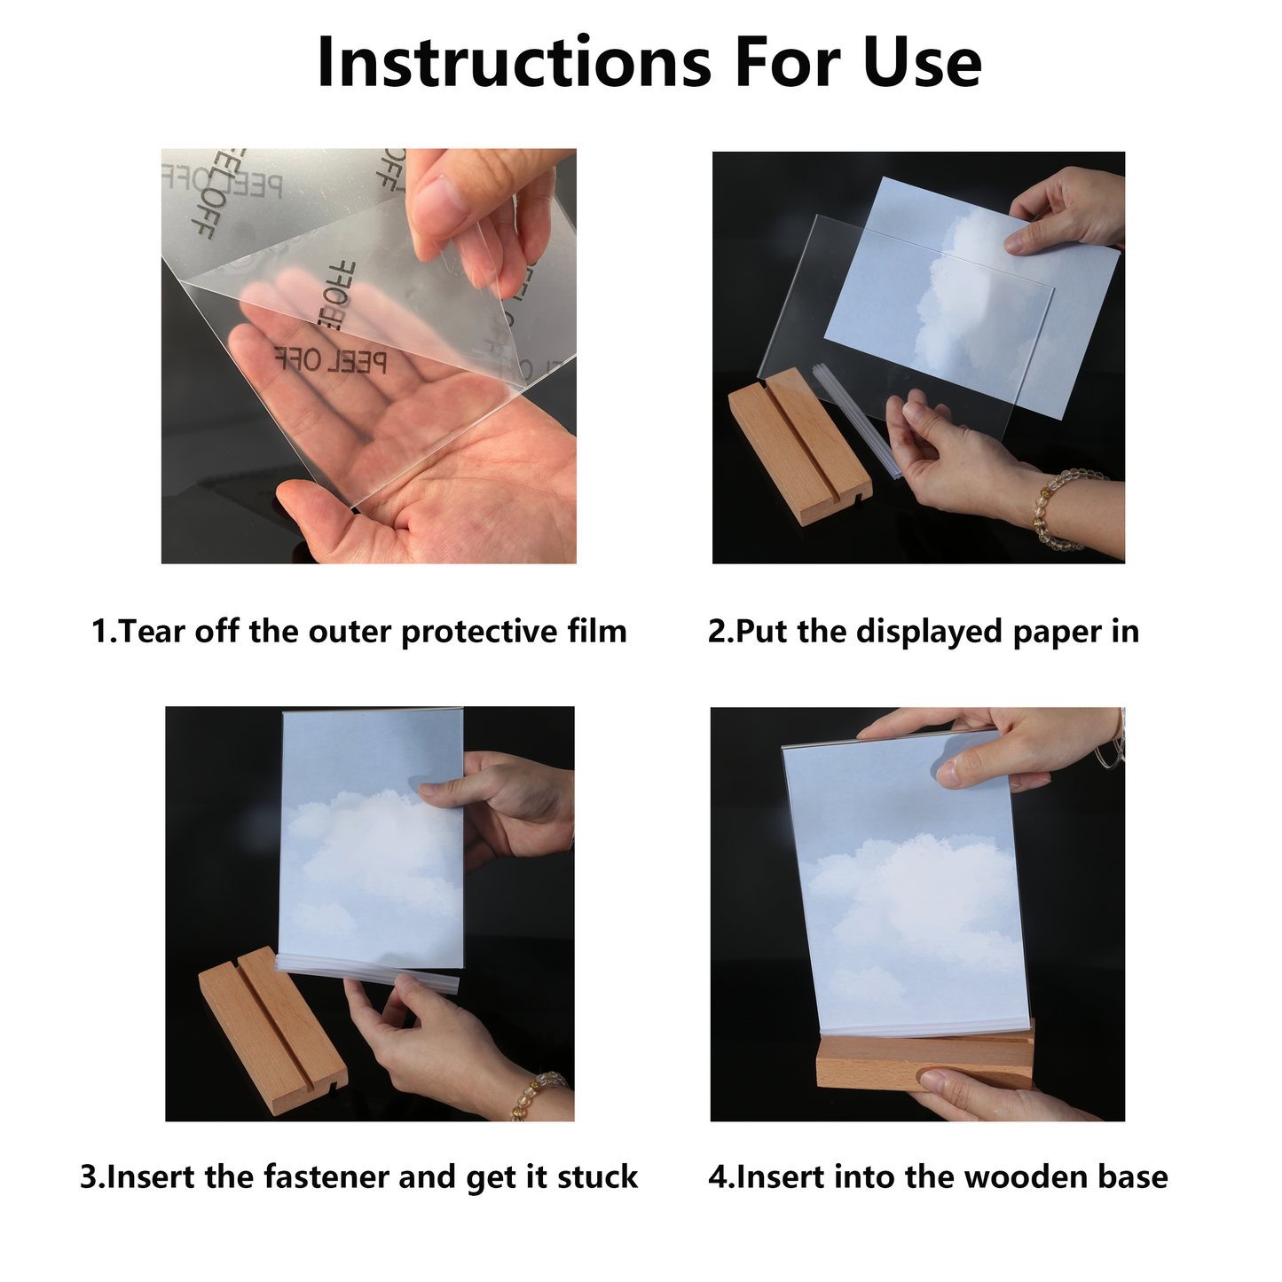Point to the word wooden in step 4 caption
tap(1024, 1177)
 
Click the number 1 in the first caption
tap(100, 632)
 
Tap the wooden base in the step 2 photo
tap(798, 448)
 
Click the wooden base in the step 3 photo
tap(271, 1029)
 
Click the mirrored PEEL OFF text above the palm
tap(331, 360)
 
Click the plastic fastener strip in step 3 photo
tap(368, 972)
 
